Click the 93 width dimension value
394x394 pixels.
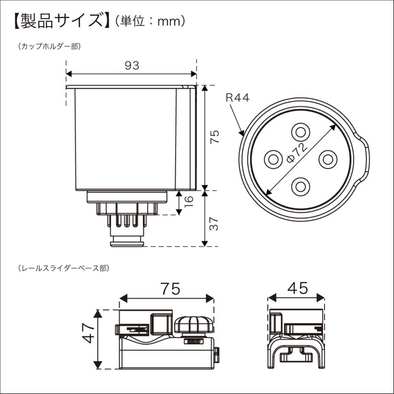point(131,65)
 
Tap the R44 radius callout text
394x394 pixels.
point(238,98)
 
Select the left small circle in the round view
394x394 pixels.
point(273,160)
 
